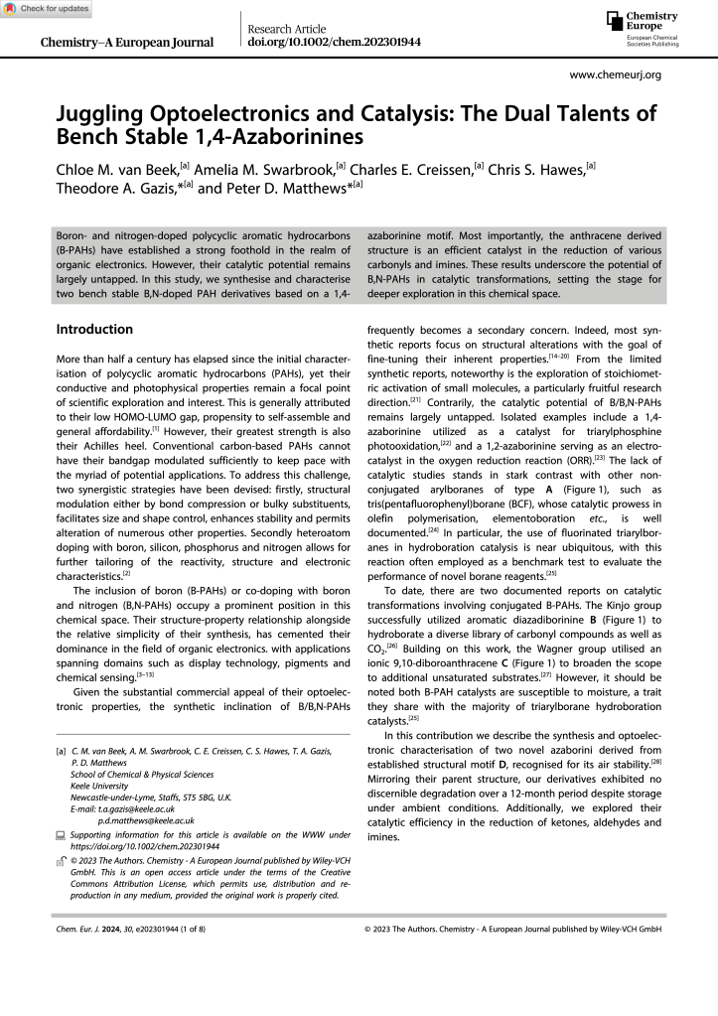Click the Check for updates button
46,9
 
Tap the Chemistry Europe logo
646,30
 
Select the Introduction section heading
94,329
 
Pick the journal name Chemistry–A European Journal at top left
126,43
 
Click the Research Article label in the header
288,27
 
